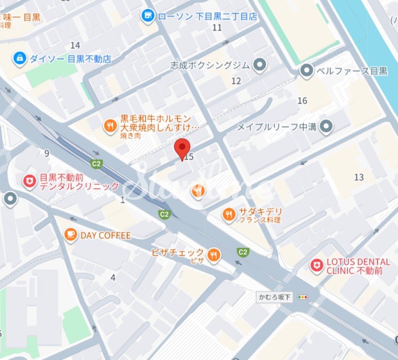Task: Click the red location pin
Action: point(182,147)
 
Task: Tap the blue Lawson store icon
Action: point(148,16)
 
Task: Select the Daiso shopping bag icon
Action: point(20,58)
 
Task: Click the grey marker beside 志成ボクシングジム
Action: point(260,65)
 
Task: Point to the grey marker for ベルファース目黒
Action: point(306,71)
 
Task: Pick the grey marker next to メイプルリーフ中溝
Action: point(327,126)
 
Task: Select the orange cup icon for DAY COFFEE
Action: point(71,235)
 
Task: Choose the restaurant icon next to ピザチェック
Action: point(214,255)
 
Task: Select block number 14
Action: point(75,45)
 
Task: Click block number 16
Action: point(302,101)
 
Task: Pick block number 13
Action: point(359,177)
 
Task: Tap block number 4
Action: point(113,277)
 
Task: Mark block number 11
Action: point(217,27)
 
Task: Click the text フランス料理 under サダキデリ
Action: point(260,220)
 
